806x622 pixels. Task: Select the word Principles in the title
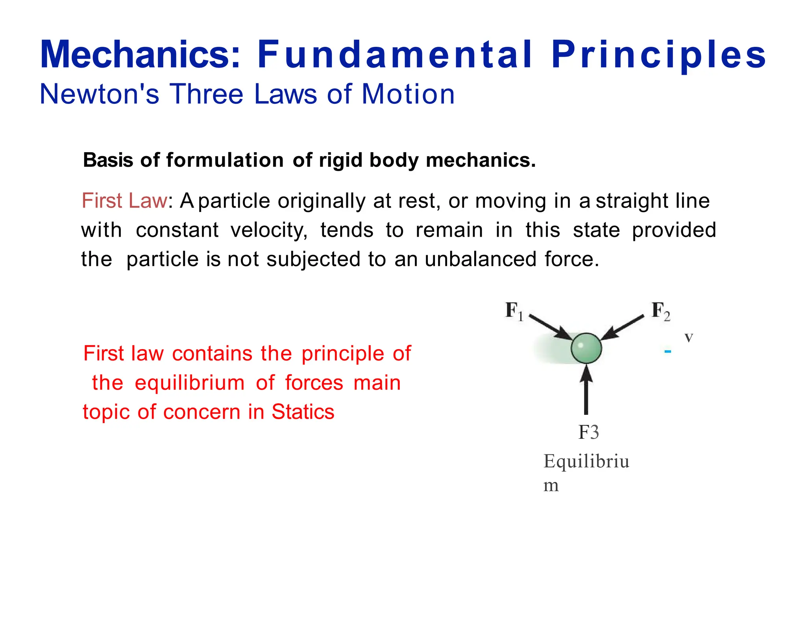point(658,55)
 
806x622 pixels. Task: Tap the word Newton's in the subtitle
point(100,94)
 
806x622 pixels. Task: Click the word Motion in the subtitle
point(408,94)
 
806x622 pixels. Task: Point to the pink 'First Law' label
point(124,201)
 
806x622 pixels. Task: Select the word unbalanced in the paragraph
point(481,259)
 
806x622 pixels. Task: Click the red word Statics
point(303,412)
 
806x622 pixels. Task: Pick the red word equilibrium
point(190,383)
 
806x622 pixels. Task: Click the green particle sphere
point(586,348)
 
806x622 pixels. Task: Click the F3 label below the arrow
point(588,432)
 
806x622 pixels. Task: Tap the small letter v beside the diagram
point(688,337)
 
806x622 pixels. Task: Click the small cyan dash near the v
point(667,351)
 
